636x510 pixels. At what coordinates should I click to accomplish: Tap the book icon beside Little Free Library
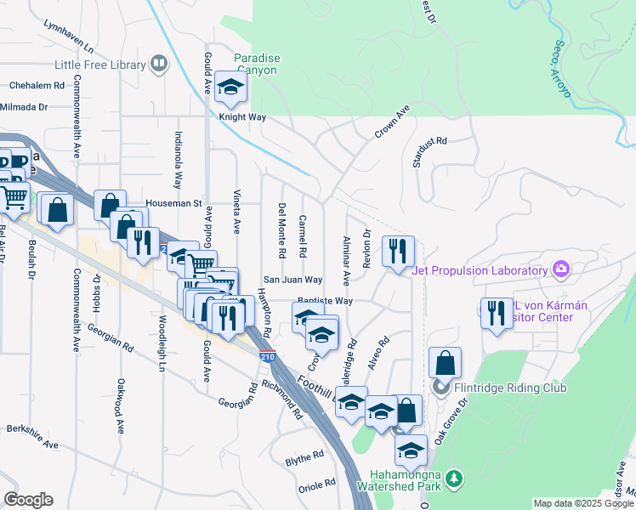pyautogui.click(x=158, y=64)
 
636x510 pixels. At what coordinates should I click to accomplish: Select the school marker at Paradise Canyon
pyautogui.click(x=230, y=87)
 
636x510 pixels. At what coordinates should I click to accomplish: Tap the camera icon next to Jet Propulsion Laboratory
pyautogui.click(x=560, y=270)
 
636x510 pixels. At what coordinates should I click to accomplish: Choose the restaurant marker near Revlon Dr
pyautogui.click(x=398, y=252)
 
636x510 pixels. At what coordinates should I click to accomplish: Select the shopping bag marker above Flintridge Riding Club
pyautogui.click(x=445, y=364)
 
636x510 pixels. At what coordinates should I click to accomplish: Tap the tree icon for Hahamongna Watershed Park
pyautogui.click(x=457, y=479)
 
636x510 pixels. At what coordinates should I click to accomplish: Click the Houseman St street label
pyautogui.click(x=173, y=203)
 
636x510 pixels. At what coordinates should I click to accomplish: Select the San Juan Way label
pyautogui.click(x=292, y=279)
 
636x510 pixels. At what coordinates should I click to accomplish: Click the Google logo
pyautogui.click(x=28, y=500)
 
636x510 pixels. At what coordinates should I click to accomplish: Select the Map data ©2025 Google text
pyautogui.click(x=582, y=503)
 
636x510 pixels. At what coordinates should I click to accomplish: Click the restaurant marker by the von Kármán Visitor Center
pyautogui.click(x=497, y=314)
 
